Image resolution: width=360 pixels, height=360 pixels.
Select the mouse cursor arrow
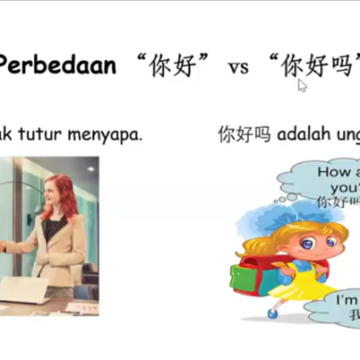coord(302,85)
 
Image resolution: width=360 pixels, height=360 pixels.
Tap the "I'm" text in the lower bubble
coord(346,299)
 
